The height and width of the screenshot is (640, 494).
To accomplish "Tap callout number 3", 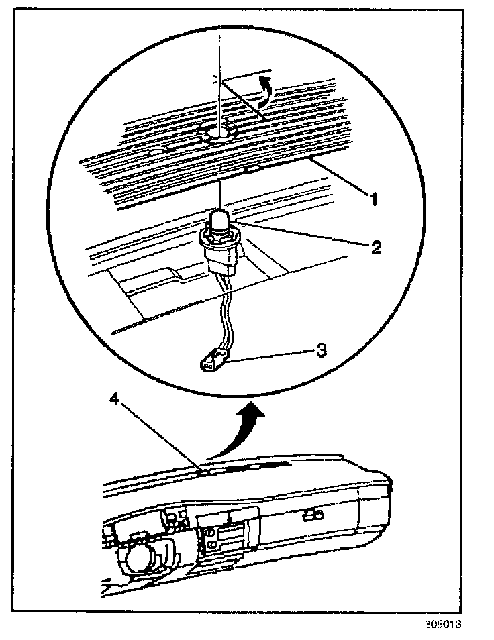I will tap(322, 350).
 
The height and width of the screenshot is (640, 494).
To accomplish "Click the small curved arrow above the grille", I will tap(266, 90).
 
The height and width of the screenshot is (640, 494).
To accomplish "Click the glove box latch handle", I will tap(311, 515).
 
